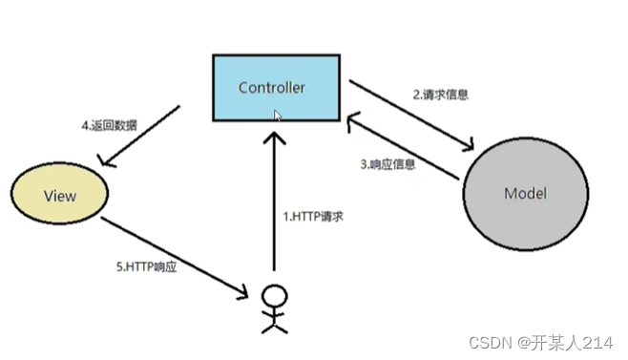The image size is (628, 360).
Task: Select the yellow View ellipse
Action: (58, 196)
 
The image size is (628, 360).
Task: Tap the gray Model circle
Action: (524, 194)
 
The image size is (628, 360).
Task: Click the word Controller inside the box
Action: (271, 88)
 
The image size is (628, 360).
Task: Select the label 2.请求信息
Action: (439, 95)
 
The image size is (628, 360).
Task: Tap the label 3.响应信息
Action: (387, 164)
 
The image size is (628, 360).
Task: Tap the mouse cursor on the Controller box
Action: (278, 116)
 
